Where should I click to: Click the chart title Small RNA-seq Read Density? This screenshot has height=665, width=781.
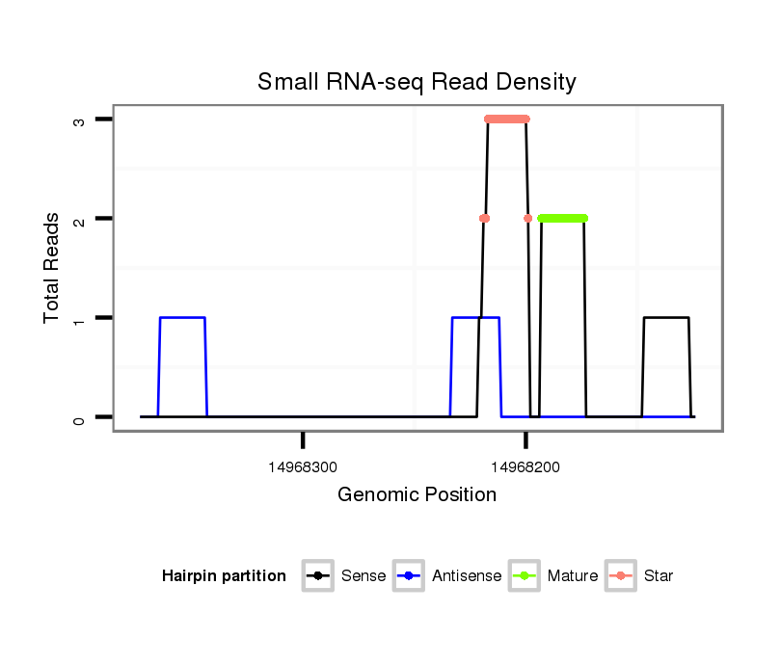pos(417,82)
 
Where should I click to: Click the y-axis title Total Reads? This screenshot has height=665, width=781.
pos(52,268)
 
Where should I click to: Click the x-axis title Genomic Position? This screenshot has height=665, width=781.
pos(417,495)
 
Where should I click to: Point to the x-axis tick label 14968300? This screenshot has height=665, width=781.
pos(303,467)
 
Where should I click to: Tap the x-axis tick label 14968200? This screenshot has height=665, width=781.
pos(525,467)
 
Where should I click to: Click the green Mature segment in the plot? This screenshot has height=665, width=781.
pos(563,219)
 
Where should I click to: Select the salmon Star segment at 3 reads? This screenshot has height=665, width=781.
pos(507,120)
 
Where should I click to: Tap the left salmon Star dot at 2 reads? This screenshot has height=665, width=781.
pos(484,219)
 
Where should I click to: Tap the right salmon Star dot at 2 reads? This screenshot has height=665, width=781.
pos(527,219)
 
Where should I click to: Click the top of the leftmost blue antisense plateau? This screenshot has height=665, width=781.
pos(182,317)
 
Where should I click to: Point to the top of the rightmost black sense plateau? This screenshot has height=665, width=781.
pos(666,317)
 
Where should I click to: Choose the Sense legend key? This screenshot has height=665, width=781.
pos(317,576)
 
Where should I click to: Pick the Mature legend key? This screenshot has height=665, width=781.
pos(524,576)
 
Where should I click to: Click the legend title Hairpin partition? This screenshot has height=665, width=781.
pos(224,576)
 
